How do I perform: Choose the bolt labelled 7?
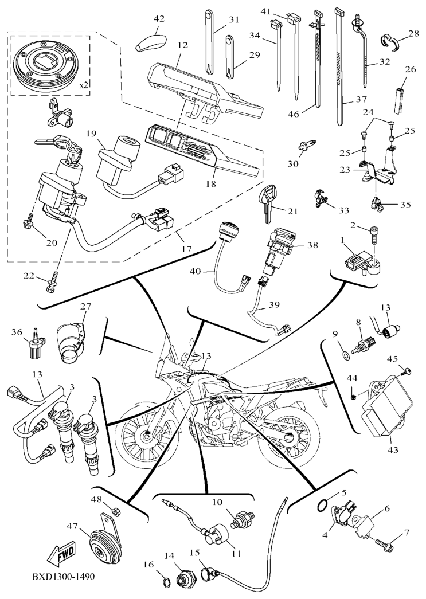click(x=384, y=542)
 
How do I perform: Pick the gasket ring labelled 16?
click(x=164, y=582)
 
